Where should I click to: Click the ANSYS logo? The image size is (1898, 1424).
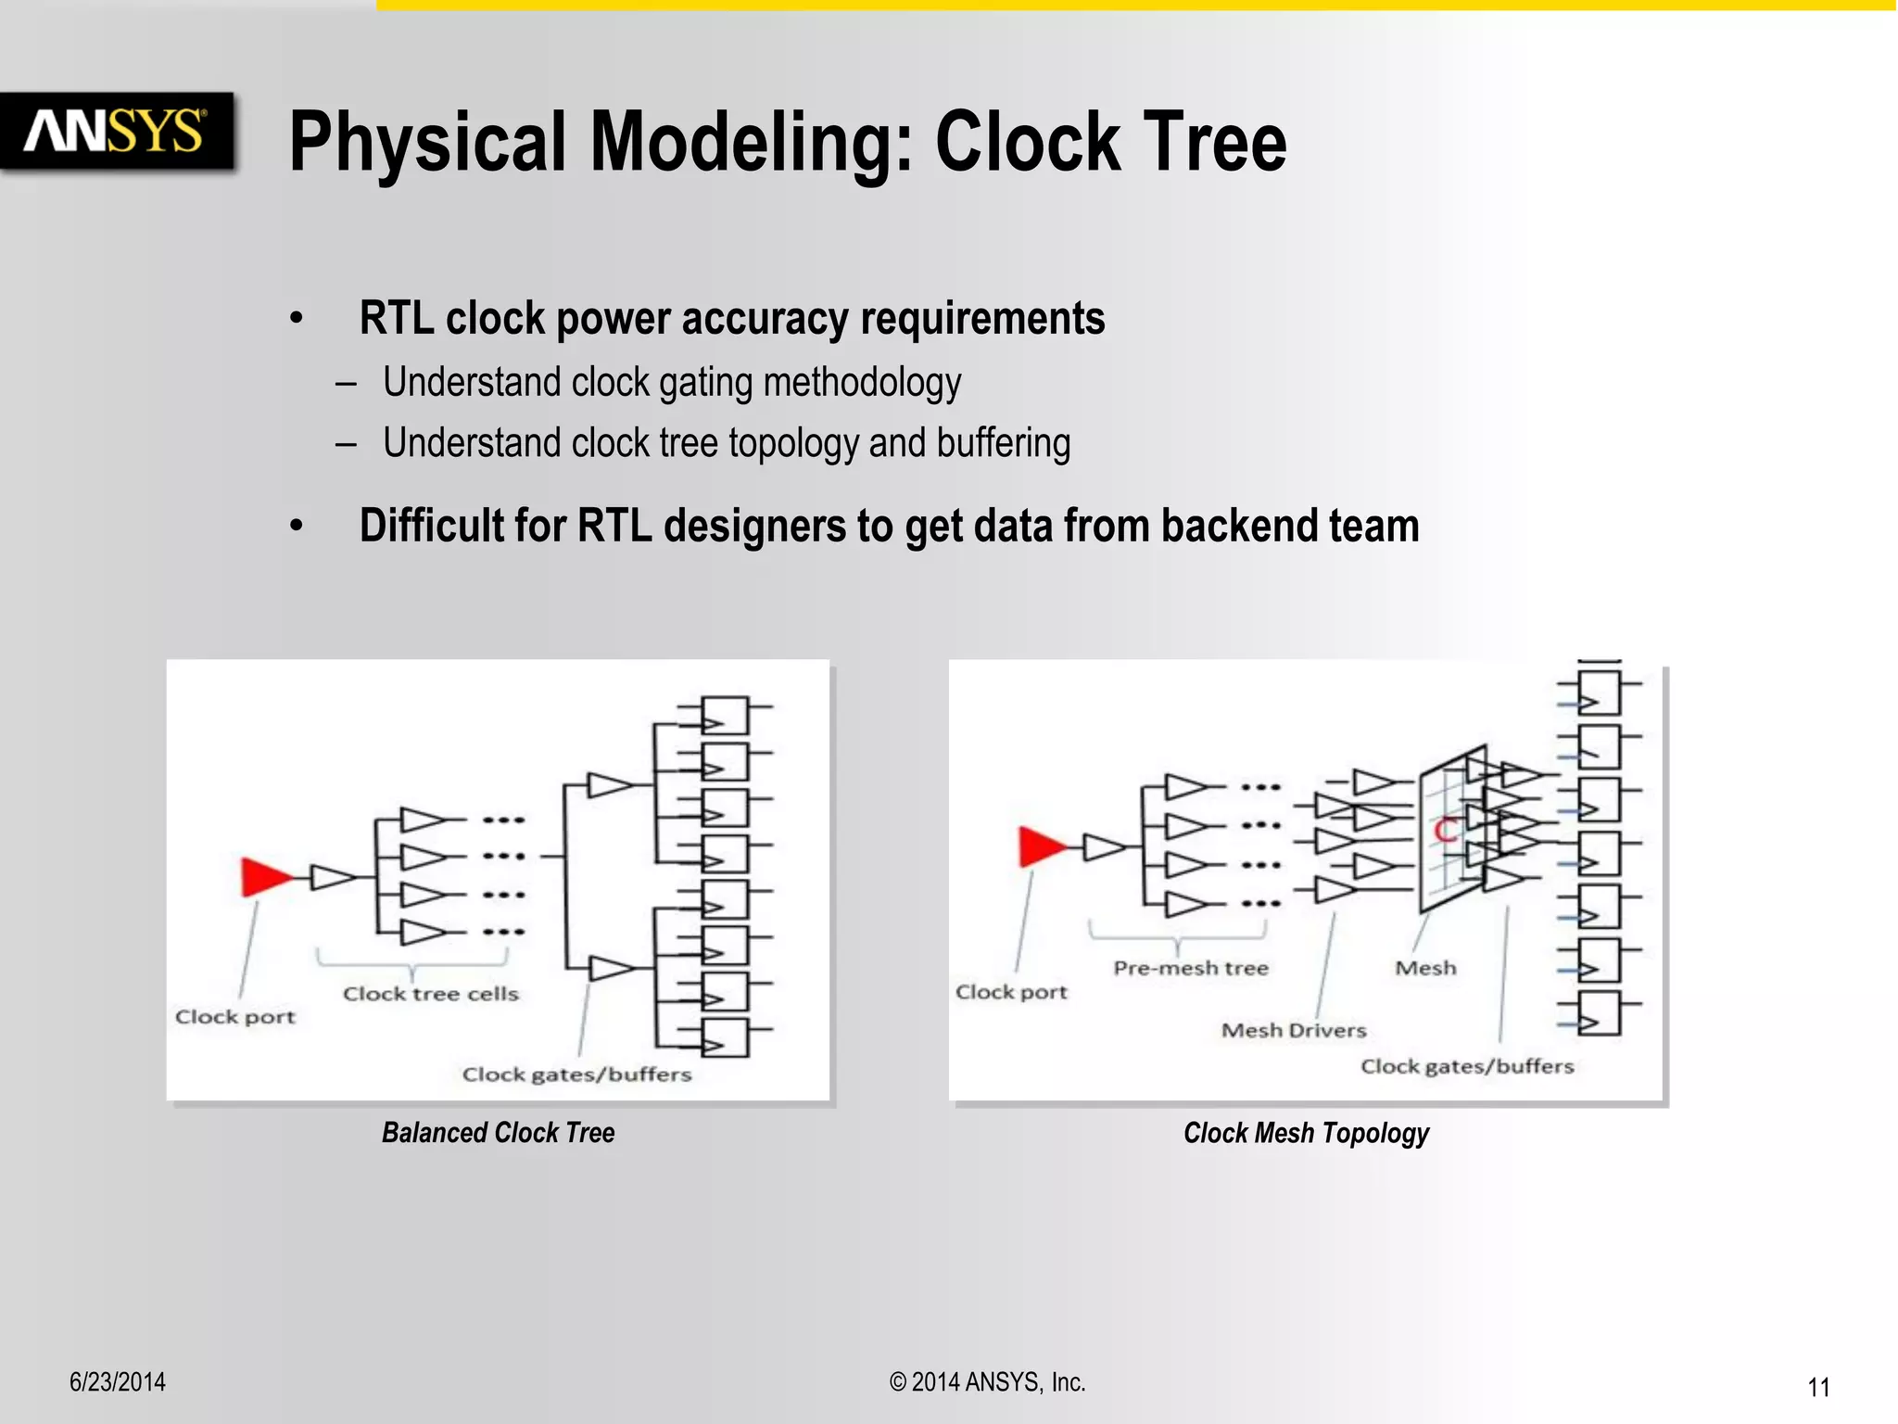point(115,131)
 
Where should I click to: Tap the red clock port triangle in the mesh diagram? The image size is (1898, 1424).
point(1041,845)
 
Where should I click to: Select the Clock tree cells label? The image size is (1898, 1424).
point(430,994)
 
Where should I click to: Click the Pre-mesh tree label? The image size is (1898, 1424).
point(1190,968)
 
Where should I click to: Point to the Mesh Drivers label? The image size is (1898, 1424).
point(1293,1030)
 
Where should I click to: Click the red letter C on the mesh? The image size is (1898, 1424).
point(1445,831)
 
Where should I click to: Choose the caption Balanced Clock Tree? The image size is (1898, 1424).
point(498,1132)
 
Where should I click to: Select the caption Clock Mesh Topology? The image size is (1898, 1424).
point(1305,1132)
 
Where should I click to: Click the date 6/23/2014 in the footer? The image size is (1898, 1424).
point(118,1381)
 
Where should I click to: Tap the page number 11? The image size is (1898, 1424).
point(1817,1387)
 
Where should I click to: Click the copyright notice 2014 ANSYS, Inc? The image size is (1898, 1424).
point(987,1381)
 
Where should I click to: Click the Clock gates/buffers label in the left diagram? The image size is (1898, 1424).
point(576,1074)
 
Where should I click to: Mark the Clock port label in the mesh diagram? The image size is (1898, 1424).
point(1010,992)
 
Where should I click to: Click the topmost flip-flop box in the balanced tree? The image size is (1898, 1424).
point(725,715)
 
